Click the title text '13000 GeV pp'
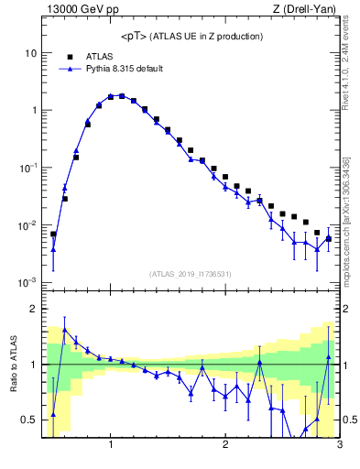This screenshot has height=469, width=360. (x=76, y=10)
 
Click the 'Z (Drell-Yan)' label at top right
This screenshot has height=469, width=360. (x=309, y=10)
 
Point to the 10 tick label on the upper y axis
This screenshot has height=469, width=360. (x=30, y=53)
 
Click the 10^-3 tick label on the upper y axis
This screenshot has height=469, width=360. (x=27, y=282)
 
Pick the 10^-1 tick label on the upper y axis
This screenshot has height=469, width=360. (x=27, y=168)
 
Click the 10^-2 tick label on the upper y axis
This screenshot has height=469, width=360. (x=27, y=225)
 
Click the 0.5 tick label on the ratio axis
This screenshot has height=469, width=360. (x=28, y=420)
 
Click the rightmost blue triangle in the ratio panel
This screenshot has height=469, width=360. (x=328, y=357)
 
